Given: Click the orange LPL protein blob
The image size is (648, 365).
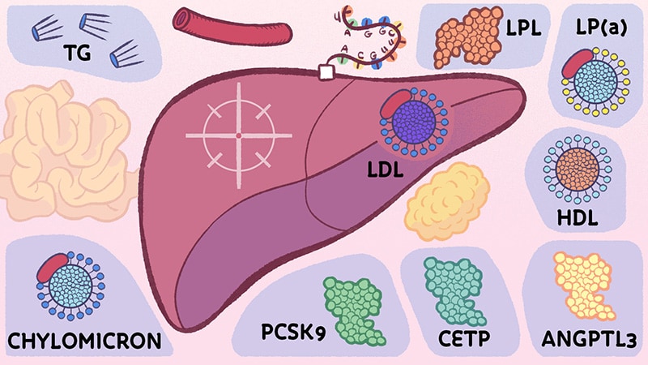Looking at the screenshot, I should coord(464,36).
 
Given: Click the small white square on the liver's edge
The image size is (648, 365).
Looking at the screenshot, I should coord(327,73).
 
